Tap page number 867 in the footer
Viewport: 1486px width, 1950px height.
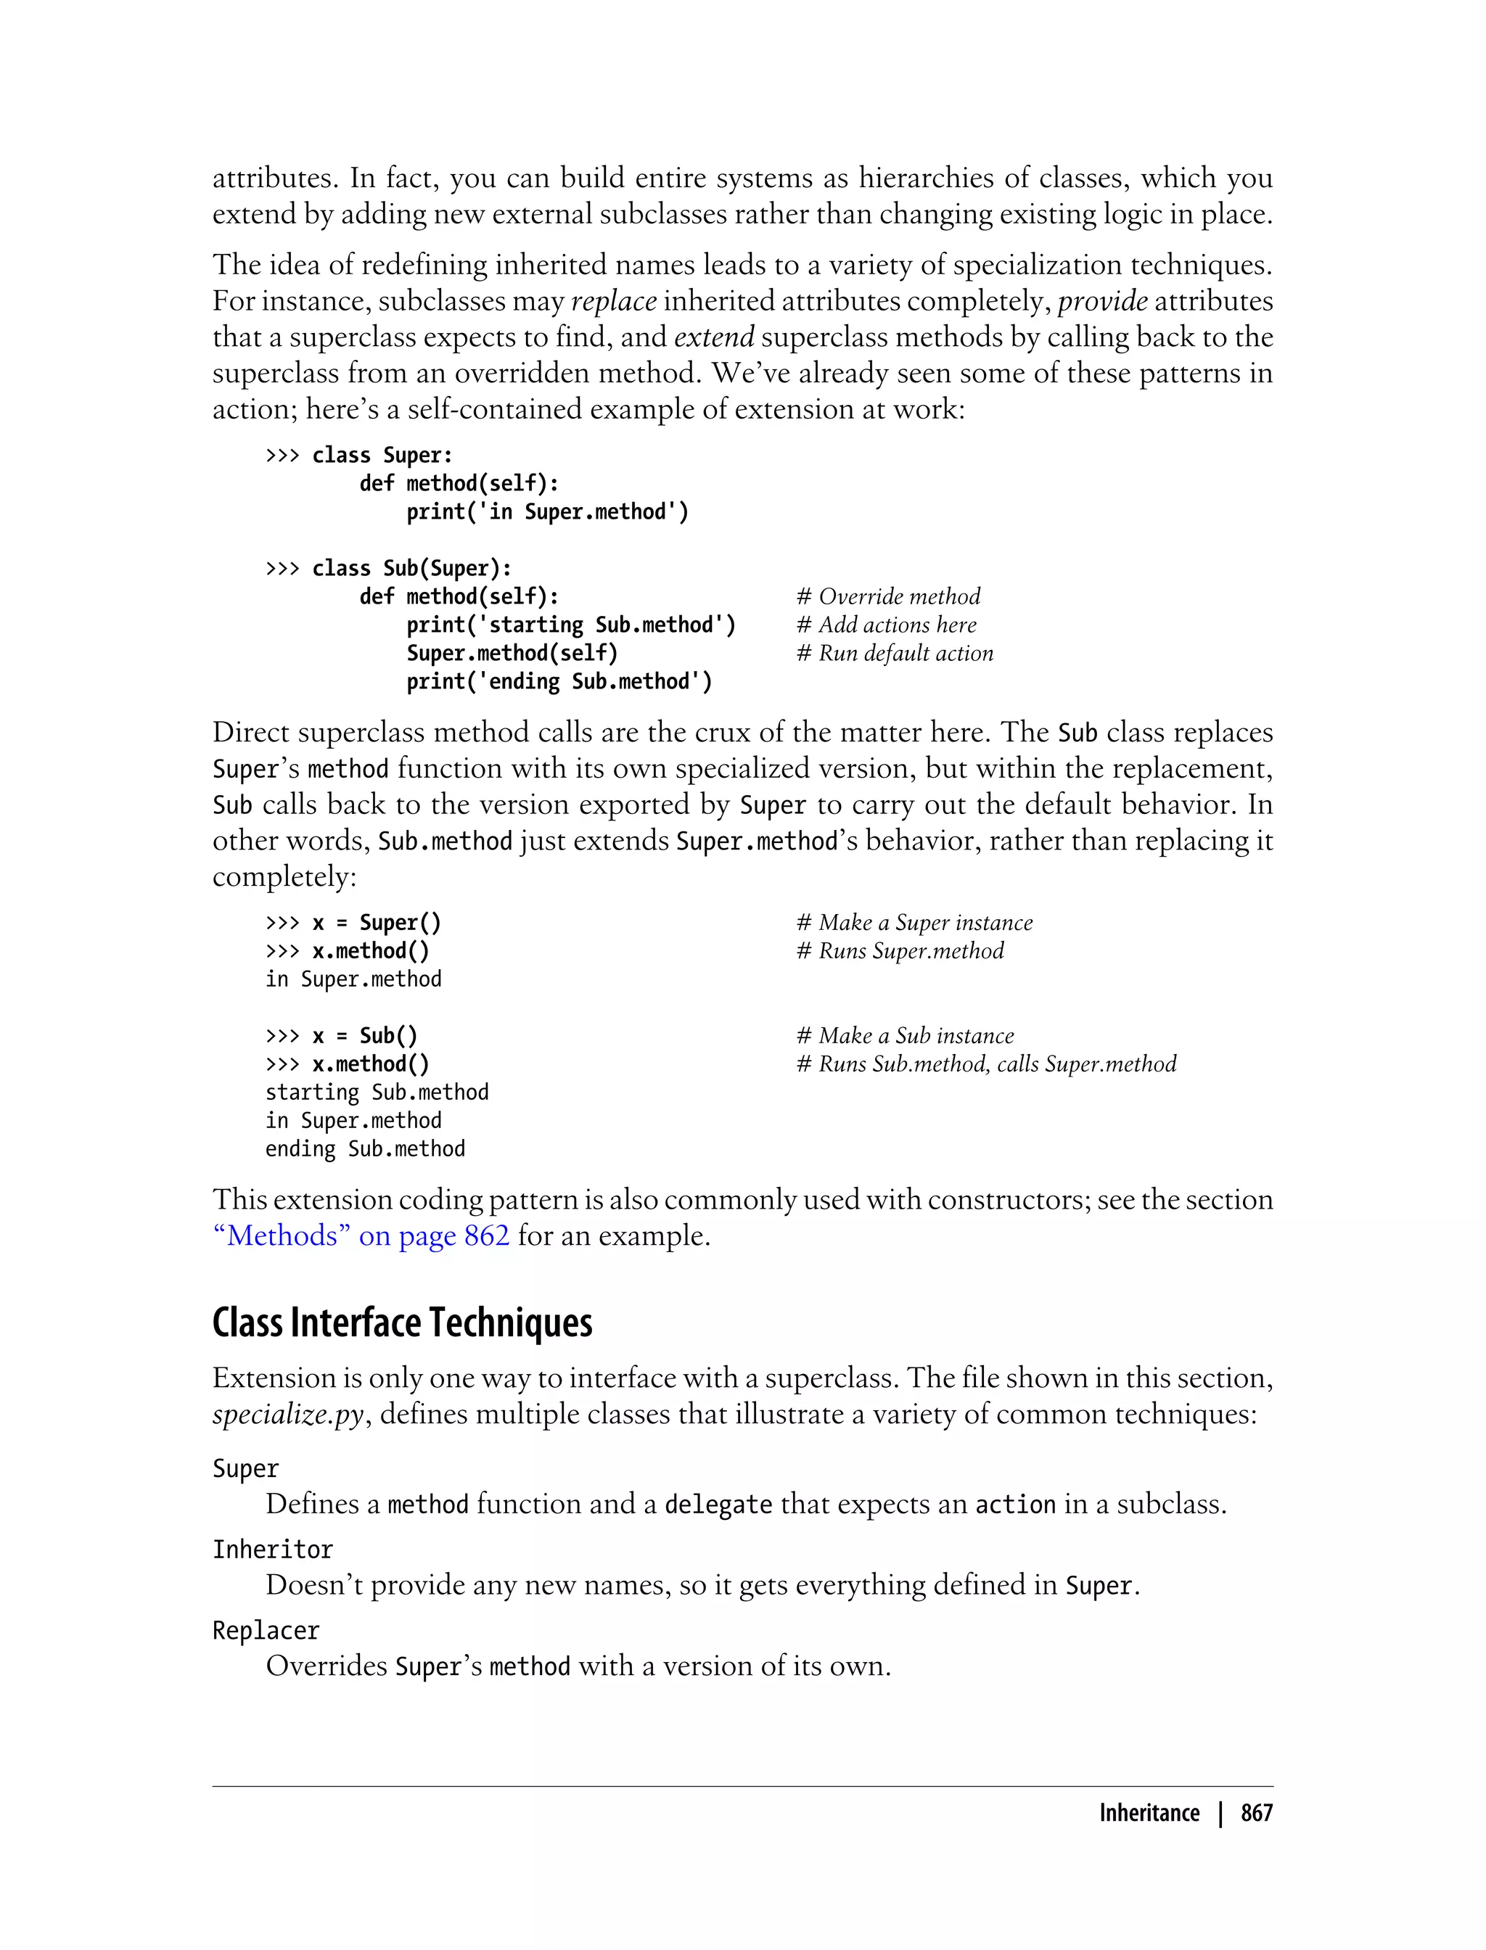point(1256,1814)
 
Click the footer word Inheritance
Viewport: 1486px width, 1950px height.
point(1149,1814)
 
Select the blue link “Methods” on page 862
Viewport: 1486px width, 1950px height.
point(361,1235)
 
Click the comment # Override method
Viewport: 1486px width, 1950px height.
point(888,597)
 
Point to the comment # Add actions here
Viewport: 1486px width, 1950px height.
point(886,625)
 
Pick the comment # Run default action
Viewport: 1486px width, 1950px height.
point(894,654)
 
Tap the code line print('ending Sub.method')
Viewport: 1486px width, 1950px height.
point(559,682)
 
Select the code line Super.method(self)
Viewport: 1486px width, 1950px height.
point(512,654)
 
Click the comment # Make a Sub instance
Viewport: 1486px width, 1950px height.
point(905,1036)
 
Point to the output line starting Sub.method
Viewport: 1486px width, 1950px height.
point(377,1093)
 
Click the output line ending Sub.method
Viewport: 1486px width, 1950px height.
point(364,1149)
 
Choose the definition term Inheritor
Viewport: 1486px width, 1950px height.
point(272,1550)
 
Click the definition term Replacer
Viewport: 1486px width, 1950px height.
point(266,1631)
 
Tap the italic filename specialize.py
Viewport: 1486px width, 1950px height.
point(287,1415)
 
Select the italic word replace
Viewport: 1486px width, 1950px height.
point(613,302)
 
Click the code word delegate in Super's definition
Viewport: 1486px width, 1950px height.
point(718,1505)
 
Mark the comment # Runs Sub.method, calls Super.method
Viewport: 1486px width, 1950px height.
point(986,1064)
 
